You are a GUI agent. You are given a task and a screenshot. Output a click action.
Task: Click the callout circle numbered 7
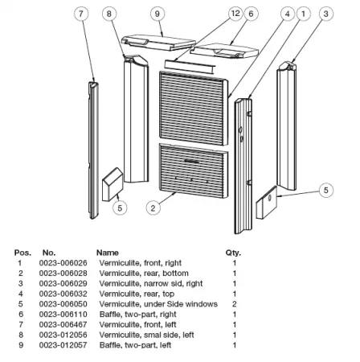[x=81, y=14]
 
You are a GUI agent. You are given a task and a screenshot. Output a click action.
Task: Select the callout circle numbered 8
[x=109, y=14]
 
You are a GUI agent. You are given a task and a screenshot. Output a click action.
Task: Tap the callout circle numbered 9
[x=157, y=14]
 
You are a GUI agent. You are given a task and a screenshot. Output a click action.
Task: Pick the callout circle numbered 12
[x=235, y=14]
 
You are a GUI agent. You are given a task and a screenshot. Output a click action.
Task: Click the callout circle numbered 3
[x=326, y=14]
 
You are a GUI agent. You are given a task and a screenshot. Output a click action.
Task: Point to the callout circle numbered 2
[x=153, y=208]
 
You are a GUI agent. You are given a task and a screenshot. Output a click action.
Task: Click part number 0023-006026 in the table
[x=63, y=263]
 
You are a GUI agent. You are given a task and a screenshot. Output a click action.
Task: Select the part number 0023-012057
[x=63, y=345]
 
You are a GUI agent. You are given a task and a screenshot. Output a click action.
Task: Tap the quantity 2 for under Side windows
[x=235, y=304]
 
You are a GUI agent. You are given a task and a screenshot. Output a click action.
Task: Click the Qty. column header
[x=233, y=253]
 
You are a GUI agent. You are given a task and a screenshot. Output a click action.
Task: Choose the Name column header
[x=108, y=253]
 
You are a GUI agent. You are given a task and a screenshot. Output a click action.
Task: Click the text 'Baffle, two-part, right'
[x=138, y=315]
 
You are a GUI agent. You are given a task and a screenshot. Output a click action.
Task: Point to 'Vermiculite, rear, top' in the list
[x=137, y=294]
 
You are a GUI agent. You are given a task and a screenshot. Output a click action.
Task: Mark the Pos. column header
[x=22, y=253]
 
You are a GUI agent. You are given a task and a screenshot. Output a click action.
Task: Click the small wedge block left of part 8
[x=112, y=184]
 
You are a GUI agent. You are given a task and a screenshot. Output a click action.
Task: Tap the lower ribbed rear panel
[x=194, y=171]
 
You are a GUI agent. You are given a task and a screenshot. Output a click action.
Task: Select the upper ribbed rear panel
[x=194, y=108]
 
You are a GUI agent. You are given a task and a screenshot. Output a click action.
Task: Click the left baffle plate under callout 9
[x=158, y=42]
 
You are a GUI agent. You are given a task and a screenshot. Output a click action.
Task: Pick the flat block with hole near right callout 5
[x=267, y=203]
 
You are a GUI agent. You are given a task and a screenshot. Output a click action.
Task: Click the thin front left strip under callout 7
[x=93, y=150]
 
